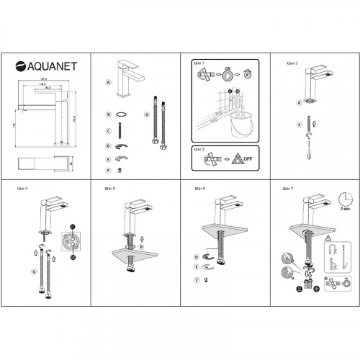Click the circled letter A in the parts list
[107, 83]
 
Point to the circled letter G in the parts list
[146, 114]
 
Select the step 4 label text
[22, 190]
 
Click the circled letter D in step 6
[196, 257]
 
